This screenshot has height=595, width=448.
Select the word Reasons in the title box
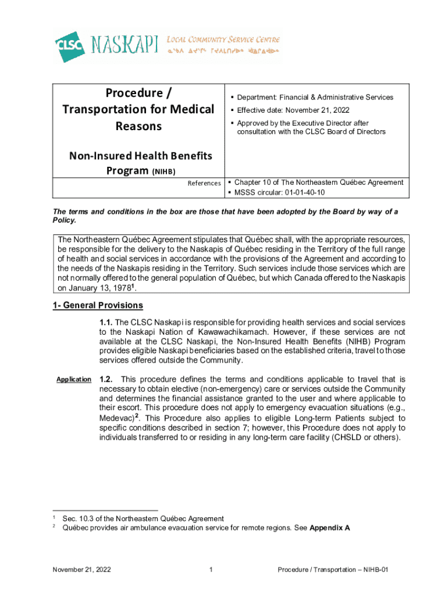(x=138, y=126)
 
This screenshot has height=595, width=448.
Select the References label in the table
(x=204, y=183)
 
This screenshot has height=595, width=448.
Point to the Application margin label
(x=73, y=379)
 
